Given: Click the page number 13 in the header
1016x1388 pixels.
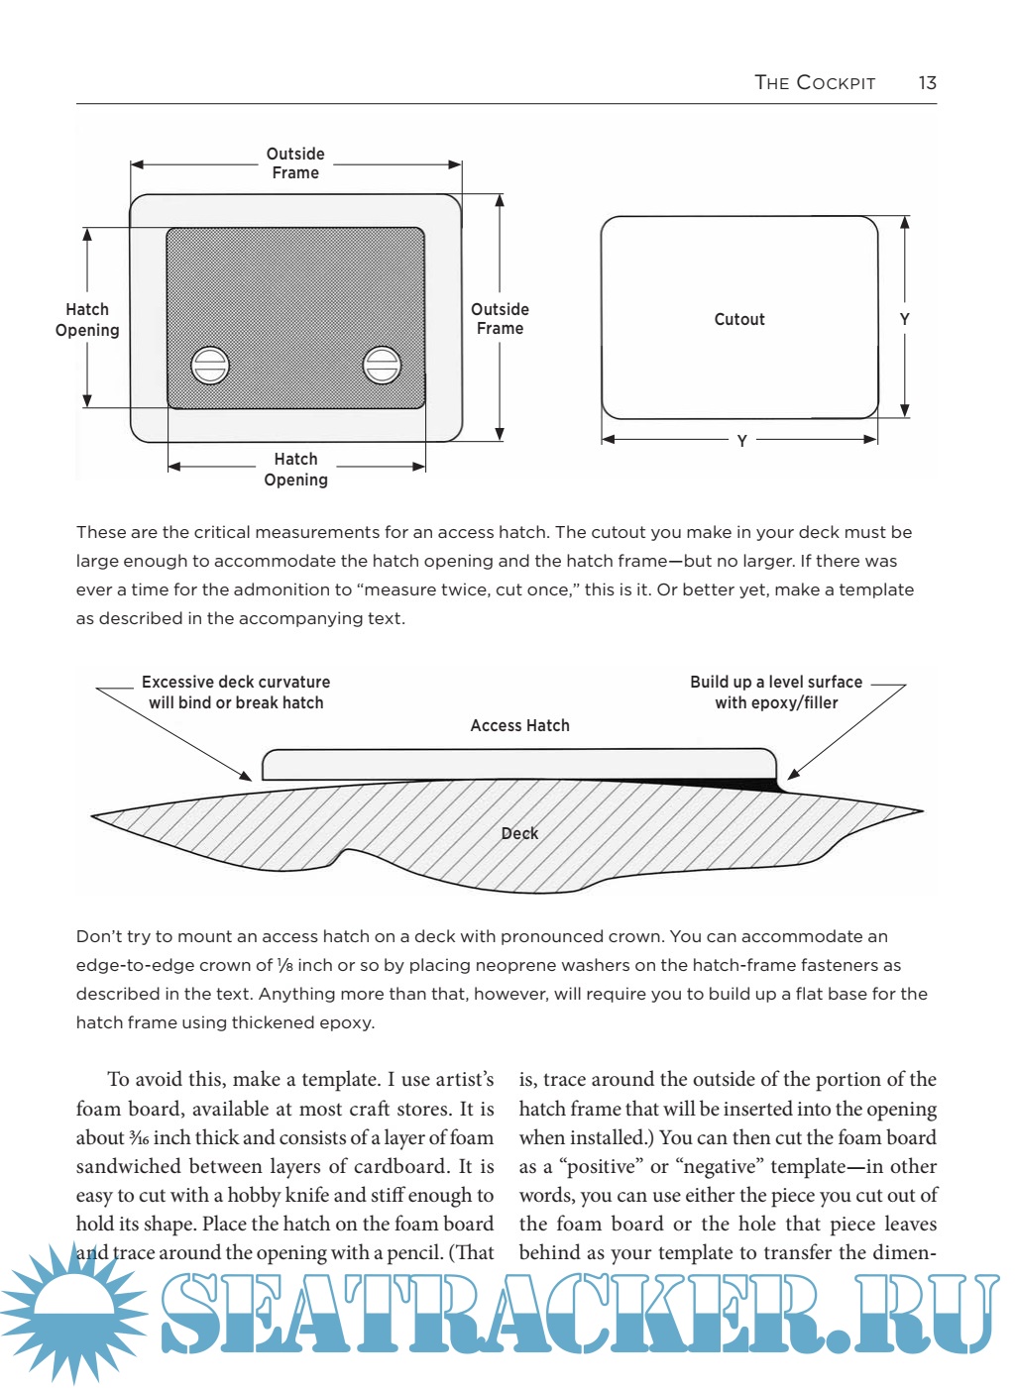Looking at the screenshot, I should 927,83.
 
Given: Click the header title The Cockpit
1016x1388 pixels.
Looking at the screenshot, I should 815,83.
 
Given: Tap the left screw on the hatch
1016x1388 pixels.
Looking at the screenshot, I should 210,366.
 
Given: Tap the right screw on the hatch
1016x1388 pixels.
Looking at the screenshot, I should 382,365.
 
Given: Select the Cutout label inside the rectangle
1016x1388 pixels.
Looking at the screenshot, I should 739,319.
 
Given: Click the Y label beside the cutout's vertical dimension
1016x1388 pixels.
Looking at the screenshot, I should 904,319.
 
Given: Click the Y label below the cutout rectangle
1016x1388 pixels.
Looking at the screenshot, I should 741,441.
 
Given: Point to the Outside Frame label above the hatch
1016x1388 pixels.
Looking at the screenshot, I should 295,163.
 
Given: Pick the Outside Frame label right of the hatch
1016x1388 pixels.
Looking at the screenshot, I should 500,319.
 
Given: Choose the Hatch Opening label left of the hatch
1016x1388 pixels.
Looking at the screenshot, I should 87,320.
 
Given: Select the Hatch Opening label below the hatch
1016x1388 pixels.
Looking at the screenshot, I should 295,470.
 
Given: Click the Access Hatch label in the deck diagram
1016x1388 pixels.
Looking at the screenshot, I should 519,726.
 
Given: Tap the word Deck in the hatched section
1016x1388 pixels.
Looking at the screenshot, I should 519,833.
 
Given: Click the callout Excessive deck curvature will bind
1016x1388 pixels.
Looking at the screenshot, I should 236,693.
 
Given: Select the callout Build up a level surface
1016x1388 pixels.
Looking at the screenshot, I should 776,693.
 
